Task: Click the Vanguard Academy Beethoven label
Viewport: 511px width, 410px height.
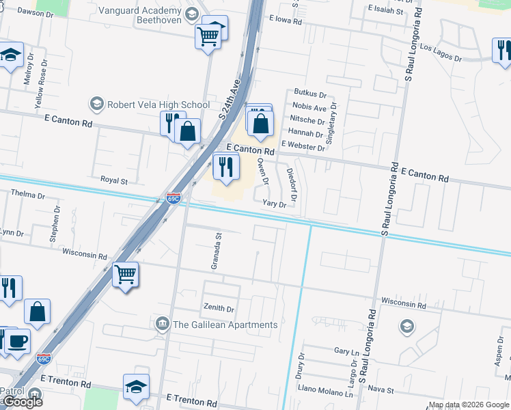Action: click(140, 15)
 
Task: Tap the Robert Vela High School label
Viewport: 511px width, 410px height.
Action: click(158, 105)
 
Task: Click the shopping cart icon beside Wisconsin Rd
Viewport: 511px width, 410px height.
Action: click(125, 275)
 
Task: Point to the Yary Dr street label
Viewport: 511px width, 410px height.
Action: click(274, 204)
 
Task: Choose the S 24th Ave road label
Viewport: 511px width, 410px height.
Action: click(231, 100)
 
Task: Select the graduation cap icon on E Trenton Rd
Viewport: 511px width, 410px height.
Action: click(136, 386)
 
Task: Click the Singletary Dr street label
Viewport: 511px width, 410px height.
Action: click(333, 121)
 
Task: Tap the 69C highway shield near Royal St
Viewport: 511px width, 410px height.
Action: click(174, 199)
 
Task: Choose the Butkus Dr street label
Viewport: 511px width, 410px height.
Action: click(310, 92)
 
